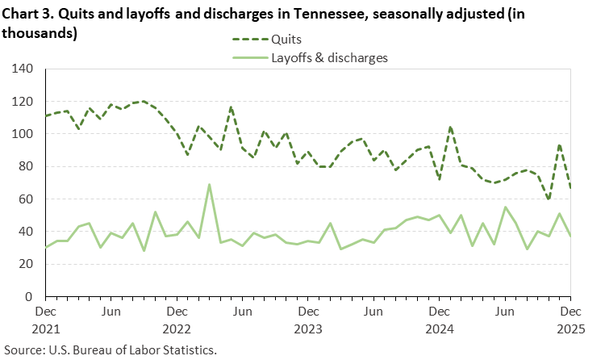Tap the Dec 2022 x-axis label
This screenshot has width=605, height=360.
point(176,319)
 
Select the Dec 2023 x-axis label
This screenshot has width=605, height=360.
point(307,319)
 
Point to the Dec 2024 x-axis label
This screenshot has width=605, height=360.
point(439,319)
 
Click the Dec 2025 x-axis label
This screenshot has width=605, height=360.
point(570,319)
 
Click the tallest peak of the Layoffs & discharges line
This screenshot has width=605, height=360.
point(210,185)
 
